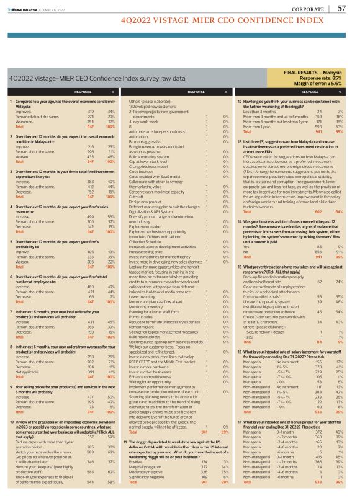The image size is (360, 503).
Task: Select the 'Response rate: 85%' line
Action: coord(326,78)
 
